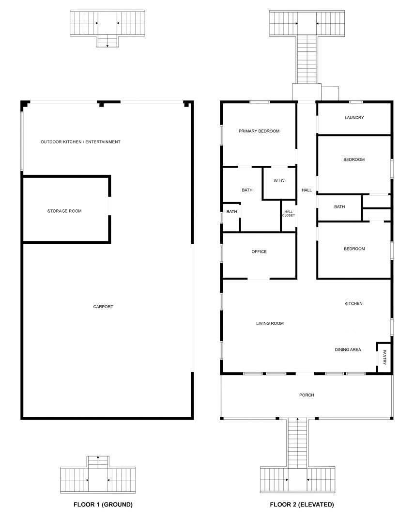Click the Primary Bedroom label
point(259,131)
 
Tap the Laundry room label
point(354,117)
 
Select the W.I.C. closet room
point(279,184)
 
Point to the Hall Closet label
point(288,214)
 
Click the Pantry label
point(384,358)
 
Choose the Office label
point(259,252)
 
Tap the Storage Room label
point(64,211)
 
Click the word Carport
point(103,307)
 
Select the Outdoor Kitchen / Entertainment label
point(80,142)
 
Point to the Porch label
point(307,395)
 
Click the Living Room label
point(270,323)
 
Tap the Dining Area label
point(348,349)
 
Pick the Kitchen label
point(353,303)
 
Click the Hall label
point(307,190)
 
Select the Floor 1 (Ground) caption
point(103,504)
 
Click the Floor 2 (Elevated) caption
point(302,504)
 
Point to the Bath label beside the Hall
point(339,206)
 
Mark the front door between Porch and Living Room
point(305,374)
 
